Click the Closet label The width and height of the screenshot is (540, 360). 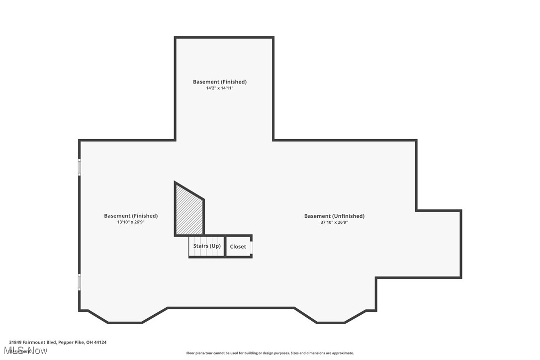click(x=238, y=247)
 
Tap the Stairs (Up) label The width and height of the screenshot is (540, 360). click(x=207, y=246)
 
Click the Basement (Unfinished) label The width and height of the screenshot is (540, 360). click(x=334, y=216)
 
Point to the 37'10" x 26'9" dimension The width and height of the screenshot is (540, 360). click(x=334, y=222)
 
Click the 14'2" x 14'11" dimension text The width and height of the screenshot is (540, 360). click(x=220, y=88)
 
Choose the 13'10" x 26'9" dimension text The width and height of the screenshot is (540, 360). click(x=131, y=222)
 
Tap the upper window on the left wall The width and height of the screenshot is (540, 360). click(x=80, y=167)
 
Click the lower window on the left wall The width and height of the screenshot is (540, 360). click(x=80, y=281)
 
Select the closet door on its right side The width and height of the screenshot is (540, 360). click(x=252, y=247)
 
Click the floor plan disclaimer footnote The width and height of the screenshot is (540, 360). click(x=270, y=353)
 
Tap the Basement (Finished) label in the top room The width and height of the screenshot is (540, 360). click(x=220, y=82)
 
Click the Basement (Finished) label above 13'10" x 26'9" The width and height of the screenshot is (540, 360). click(x=131, y=216)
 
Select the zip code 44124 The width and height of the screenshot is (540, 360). click(x=100, y=342)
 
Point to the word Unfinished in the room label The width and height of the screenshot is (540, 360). click(x=348, y=216)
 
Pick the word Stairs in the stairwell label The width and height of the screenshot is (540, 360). click(x=200, y=246)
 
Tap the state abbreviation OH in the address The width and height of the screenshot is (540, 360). click(x=89, y=342)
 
